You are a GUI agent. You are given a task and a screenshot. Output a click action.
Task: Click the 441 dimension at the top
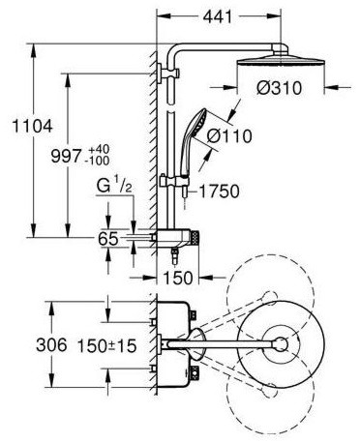pyautogui.click(x=218, y=16)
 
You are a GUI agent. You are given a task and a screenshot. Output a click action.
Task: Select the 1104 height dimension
pyautogui.click(x=32, y=126)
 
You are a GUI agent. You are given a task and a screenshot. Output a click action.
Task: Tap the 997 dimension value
pyautogui.click(x=66, y=157)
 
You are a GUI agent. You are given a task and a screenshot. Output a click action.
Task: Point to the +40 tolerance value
pyautogui.click(x=99, y=149)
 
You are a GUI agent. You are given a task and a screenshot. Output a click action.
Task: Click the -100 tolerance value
pyautogui.click(x=99, y=161)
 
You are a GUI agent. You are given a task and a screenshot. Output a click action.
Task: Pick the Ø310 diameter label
pyautogui.click(x=280, y=88)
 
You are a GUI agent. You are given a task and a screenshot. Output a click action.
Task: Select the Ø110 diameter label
pyautogui.click(x=229, y=136)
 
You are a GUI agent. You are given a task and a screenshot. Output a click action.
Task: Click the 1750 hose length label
pyautogui.click(x=219, y=192)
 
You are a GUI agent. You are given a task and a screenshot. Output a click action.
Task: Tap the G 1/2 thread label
pyautogui.click(x=114, y=187)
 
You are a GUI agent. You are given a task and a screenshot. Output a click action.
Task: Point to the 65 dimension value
pyautogui.click(x=108, y=239)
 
